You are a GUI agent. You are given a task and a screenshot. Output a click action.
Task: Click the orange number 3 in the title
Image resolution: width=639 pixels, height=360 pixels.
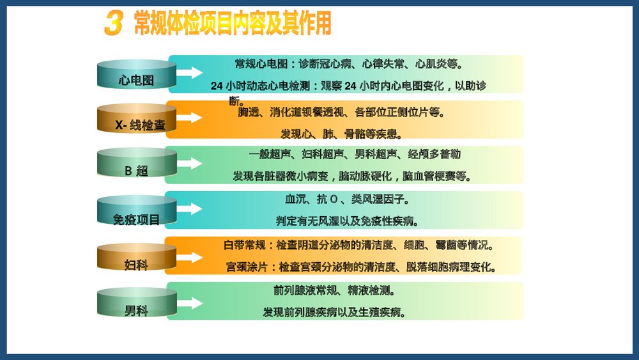[112, 24]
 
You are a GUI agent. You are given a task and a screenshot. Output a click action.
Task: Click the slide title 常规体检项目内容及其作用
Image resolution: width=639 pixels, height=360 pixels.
[233, 24]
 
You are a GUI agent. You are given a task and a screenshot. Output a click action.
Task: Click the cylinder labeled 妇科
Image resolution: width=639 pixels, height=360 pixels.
[136, 257]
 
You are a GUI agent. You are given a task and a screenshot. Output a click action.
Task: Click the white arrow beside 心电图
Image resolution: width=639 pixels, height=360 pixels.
[189, 72]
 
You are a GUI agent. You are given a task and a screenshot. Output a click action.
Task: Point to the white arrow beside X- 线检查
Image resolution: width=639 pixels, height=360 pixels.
[189, 118]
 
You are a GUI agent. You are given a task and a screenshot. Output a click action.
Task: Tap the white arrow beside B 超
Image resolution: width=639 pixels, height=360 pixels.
[189, 164]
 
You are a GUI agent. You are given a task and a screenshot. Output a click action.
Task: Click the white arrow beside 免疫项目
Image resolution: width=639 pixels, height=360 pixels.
[189, 209]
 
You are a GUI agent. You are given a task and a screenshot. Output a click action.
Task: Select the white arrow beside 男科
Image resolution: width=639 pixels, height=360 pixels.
[189, 301]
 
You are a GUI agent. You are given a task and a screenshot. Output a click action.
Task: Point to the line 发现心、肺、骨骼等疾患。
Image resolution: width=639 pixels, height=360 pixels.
[341, 134]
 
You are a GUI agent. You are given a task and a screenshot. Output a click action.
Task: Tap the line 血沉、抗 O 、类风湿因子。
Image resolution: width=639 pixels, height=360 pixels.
[345, 200]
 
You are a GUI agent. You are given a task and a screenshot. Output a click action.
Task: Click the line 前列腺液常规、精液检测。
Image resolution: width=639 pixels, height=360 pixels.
[334, 291]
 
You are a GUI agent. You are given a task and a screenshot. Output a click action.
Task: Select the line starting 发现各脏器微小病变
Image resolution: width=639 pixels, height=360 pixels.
[352, 176]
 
